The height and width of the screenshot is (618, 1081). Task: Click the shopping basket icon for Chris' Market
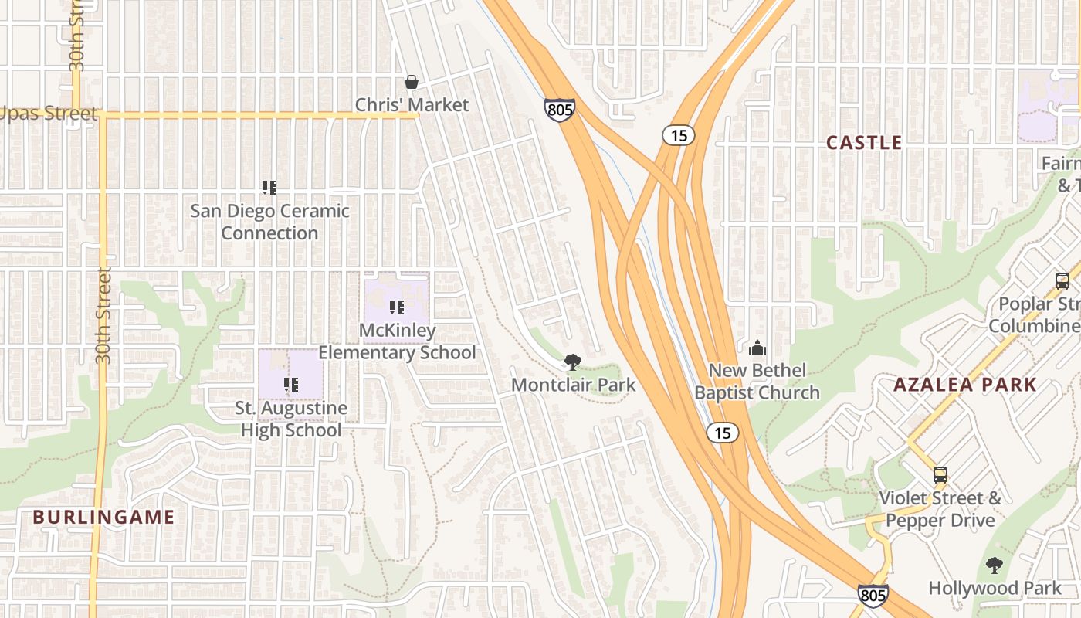tap(412, 82)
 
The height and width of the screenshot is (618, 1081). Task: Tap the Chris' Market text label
tap(412, 104)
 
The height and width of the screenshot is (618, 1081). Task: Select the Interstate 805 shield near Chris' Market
tap(559, 110)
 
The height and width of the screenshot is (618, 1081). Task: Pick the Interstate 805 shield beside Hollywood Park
tap(872, 595)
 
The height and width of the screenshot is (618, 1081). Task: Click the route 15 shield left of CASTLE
tap(678, 136)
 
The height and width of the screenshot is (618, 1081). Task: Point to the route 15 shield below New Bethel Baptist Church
tap(722, 433)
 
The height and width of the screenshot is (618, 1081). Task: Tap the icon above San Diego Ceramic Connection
tap(269, 187)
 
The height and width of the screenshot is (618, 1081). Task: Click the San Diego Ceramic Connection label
tap(269, 222)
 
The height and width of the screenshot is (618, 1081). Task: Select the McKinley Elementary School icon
tap(397, 307)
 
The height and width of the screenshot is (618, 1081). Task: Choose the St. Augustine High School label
tap(291, 419)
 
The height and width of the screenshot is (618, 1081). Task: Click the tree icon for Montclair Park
tap(572, 362)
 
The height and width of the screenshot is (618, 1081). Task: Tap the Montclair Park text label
tap(573, 385)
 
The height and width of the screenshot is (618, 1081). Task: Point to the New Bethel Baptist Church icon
tap(757, 348)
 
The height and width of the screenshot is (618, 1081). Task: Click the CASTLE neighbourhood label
tap(864, 143)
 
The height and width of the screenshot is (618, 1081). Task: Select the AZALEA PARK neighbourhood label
tap(964, 385)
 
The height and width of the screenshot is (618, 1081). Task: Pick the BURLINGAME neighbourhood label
tap(104, 518)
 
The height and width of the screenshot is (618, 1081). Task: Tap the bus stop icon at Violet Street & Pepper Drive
tap(940, 475)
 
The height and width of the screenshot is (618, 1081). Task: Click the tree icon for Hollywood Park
tap(995, 565)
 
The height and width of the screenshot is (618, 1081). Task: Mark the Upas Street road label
tap(48, 114)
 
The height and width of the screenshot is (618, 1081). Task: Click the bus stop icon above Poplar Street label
tap(1062, 281)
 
